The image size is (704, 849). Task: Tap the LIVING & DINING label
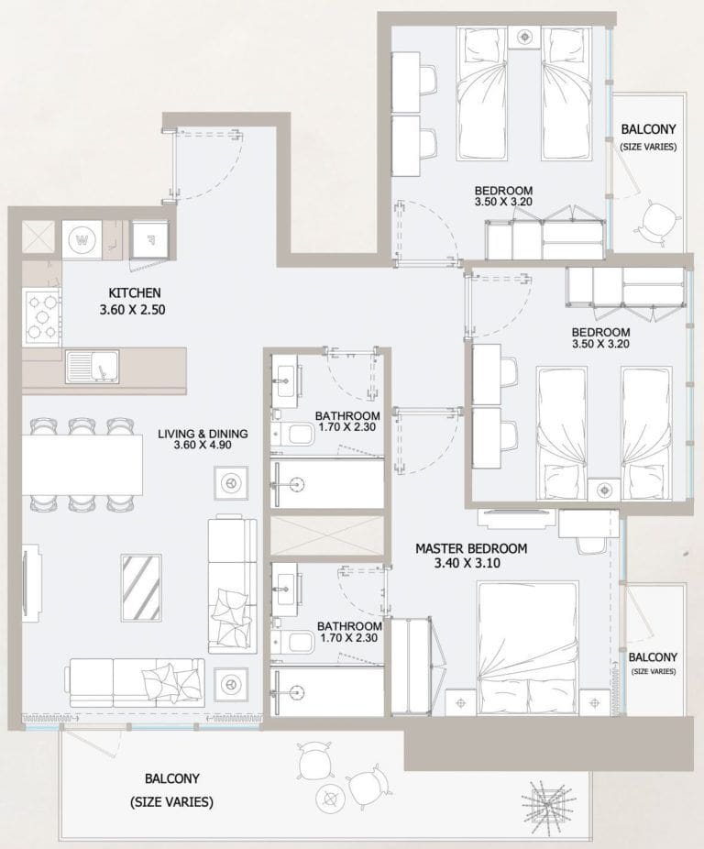(202, 434)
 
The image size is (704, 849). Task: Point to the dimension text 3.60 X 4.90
(203, 447)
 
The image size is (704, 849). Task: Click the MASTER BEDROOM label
(471, 548)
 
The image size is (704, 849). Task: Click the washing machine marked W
(83, 241)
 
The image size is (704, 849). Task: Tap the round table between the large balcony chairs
(327, 796)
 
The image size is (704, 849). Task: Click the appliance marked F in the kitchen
(148, 240)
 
